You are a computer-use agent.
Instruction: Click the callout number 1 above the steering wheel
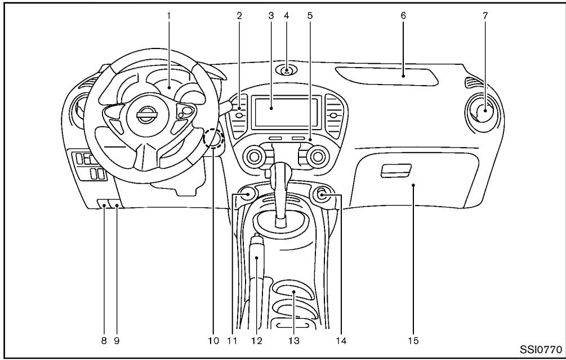[x=168, y=16]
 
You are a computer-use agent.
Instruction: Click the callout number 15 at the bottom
[x=412, y=340]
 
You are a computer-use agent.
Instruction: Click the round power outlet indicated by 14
[x=322, y=196]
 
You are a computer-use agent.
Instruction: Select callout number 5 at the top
[x=309, y=16]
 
